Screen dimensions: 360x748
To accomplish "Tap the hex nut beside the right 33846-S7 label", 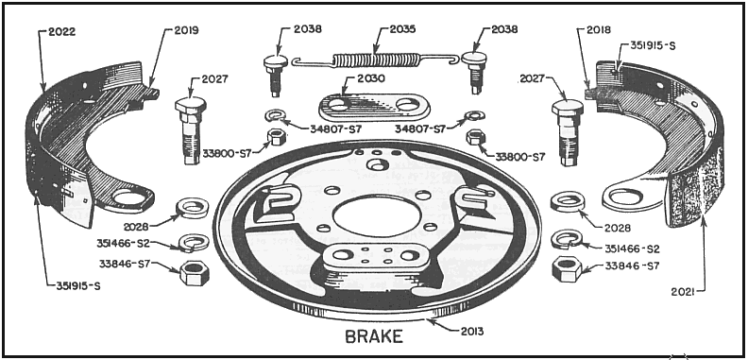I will (566, 268).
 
